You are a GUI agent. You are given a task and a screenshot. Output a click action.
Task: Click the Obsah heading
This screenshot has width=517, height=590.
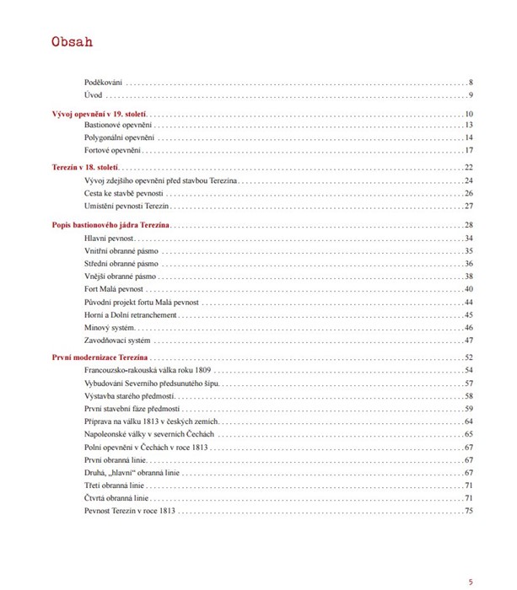pos(72,42)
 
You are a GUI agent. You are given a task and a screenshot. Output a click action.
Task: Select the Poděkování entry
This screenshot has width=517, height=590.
pos(104,82)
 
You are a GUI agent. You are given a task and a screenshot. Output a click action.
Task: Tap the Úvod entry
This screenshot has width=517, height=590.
pos(94,95)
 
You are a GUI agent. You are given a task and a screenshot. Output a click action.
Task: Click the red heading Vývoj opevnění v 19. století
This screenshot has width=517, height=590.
pos(100,114)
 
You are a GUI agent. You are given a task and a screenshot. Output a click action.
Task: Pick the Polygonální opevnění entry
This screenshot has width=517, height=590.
pos(120,137)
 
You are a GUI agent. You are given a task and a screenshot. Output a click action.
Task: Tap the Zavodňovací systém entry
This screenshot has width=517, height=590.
pos(117,340)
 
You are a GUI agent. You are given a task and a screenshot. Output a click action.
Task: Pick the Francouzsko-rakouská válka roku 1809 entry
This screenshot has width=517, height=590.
pos(148,371)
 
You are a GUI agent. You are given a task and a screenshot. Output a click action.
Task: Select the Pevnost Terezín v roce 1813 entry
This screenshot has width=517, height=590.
pos(130,511)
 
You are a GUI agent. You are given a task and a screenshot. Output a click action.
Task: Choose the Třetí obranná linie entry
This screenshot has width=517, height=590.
pos(116,485)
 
